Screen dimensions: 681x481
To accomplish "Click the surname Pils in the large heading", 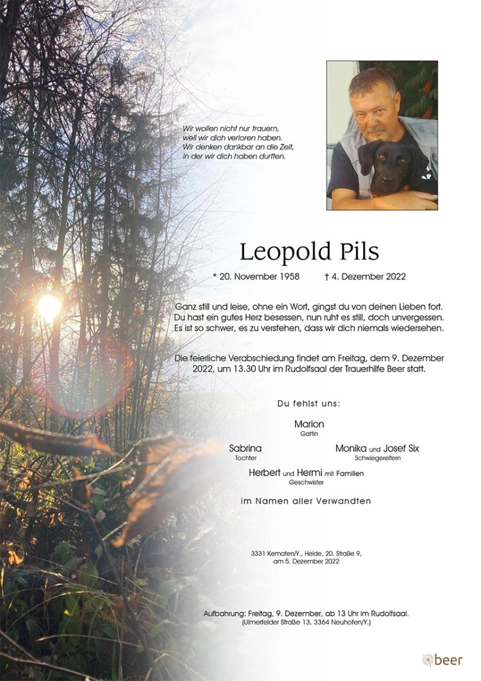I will click(x=357, y=252).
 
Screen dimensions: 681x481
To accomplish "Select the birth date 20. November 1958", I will click(x=256, y=276).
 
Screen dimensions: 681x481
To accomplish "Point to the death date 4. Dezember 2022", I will click(x=369, y=276).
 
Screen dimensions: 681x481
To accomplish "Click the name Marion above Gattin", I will click(x=309, y=424).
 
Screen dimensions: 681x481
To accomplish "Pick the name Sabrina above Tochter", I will click(x=245, y=448).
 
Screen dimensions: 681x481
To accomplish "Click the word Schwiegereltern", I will click(x=377, y=458).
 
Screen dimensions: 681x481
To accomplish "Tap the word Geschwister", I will click(x=306, y=482).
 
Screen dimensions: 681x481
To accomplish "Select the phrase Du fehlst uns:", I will click(x=308, y=404).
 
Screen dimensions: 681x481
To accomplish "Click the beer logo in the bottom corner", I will click(x=443, y=660).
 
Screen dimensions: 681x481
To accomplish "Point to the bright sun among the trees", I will click(x=49, y=307).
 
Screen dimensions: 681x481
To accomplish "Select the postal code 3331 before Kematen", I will click(x=258, y=553).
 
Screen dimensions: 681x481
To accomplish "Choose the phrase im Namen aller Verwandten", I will click(x=306, y=501).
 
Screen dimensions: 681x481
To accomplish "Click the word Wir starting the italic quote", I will click(x=188, y=129).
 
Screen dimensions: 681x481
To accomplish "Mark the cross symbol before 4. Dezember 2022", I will click(x=327, y=276).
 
